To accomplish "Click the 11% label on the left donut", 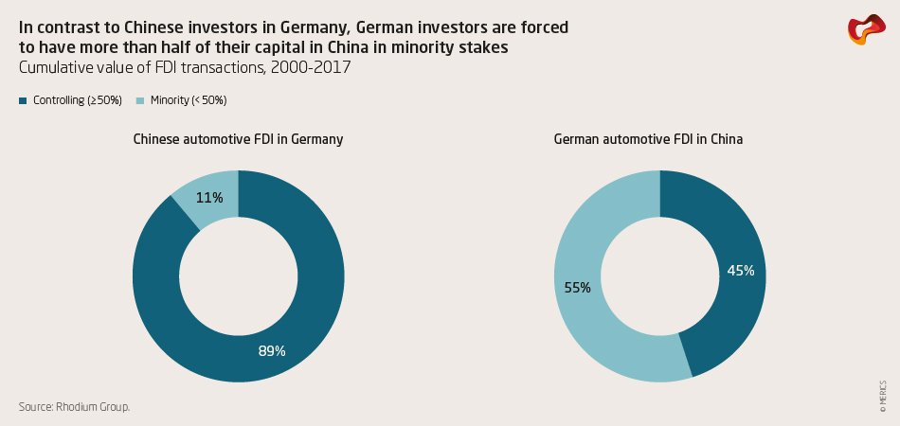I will (209, 198).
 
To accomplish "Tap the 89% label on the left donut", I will (272, 351).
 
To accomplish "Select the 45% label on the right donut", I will (740, 271).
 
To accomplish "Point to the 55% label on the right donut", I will (576, 287).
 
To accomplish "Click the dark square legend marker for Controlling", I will (23, 100).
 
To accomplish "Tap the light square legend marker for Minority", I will (140, 100).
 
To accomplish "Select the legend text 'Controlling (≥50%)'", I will (78, 100).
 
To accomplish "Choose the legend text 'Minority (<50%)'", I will (189, 100).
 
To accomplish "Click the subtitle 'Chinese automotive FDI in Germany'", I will (238, 139).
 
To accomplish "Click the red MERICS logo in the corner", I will (865, 29).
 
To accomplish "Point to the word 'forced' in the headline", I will (545, 27).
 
